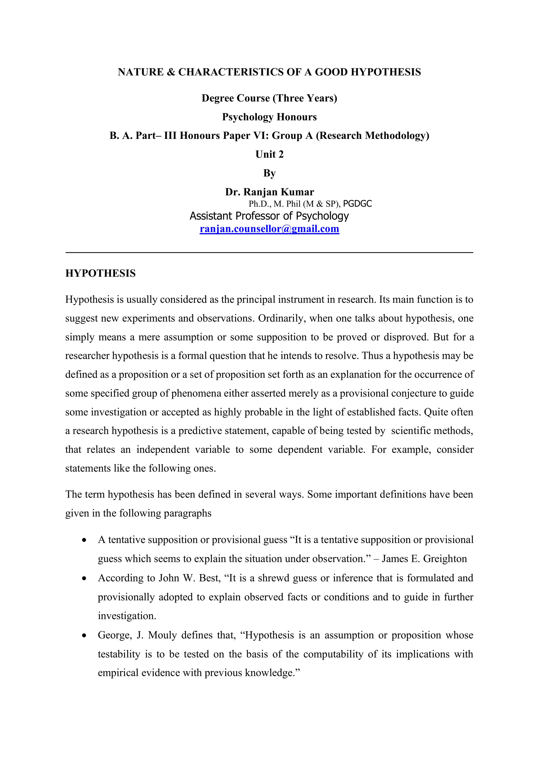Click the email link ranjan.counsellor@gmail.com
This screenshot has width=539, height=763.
(x=269, y=229)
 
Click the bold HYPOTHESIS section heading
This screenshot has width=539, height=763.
(x=101, y=273)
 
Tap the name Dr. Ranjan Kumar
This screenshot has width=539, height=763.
(x=269, y=192)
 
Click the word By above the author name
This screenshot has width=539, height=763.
(x=269, y=173)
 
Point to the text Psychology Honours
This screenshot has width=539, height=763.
(x=269, y=117)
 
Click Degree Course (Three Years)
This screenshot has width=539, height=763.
(x=269, y=98)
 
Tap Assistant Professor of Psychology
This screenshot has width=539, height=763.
(x=269, y=216)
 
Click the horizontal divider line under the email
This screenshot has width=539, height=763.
(x=269, y=253)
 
